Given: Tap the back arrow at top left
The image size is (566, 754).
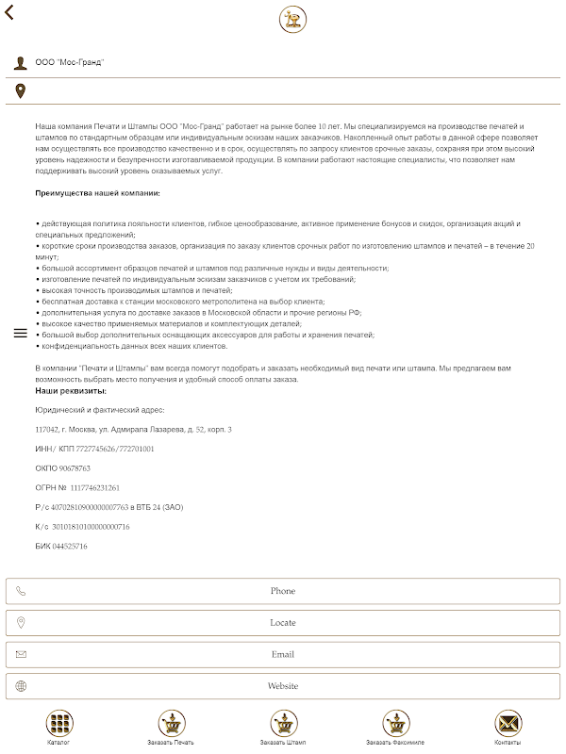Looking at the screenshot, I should pyautogui.click(x=9, y=14).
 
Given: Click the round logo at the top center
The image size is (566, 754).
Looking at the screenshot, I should pyautogui.click(x=293, y=20).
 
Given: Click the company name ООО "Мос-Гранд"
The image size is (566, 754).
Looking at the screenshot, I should pyautogui.click(x=70, y=62).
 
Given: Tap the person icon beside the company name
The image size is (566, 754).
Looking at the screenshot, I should pyautogui.click(x=20, y=62).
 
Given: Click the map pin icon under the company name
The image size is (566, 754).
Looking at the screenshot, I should pyautogui.click(x=20, y=90).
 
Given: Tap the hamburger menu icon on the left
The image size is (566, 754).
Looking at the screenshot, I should pyautogui.click(x=20, y=334).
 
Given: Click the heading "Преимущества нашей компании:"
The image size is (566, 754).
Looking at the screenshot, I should pyautogui.click(x=97, y=193).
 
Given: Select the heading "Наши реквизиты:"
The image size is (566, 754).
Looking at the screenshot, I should pyautogui.click(x=71, y=390).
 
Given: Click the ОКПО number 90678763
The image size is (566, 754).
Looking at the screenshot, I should pyautogui.click(x=75, y=468).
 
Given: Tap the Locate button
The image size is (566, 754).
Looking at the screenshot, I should pyautogui.click(x=283, y=622).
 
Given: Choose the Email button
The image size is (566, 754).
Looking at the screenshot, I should pyautogui.click(x=283, y=654).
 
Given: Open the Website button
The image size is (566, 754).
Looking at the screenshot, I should pyautogui.click(x=283, y=686).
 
